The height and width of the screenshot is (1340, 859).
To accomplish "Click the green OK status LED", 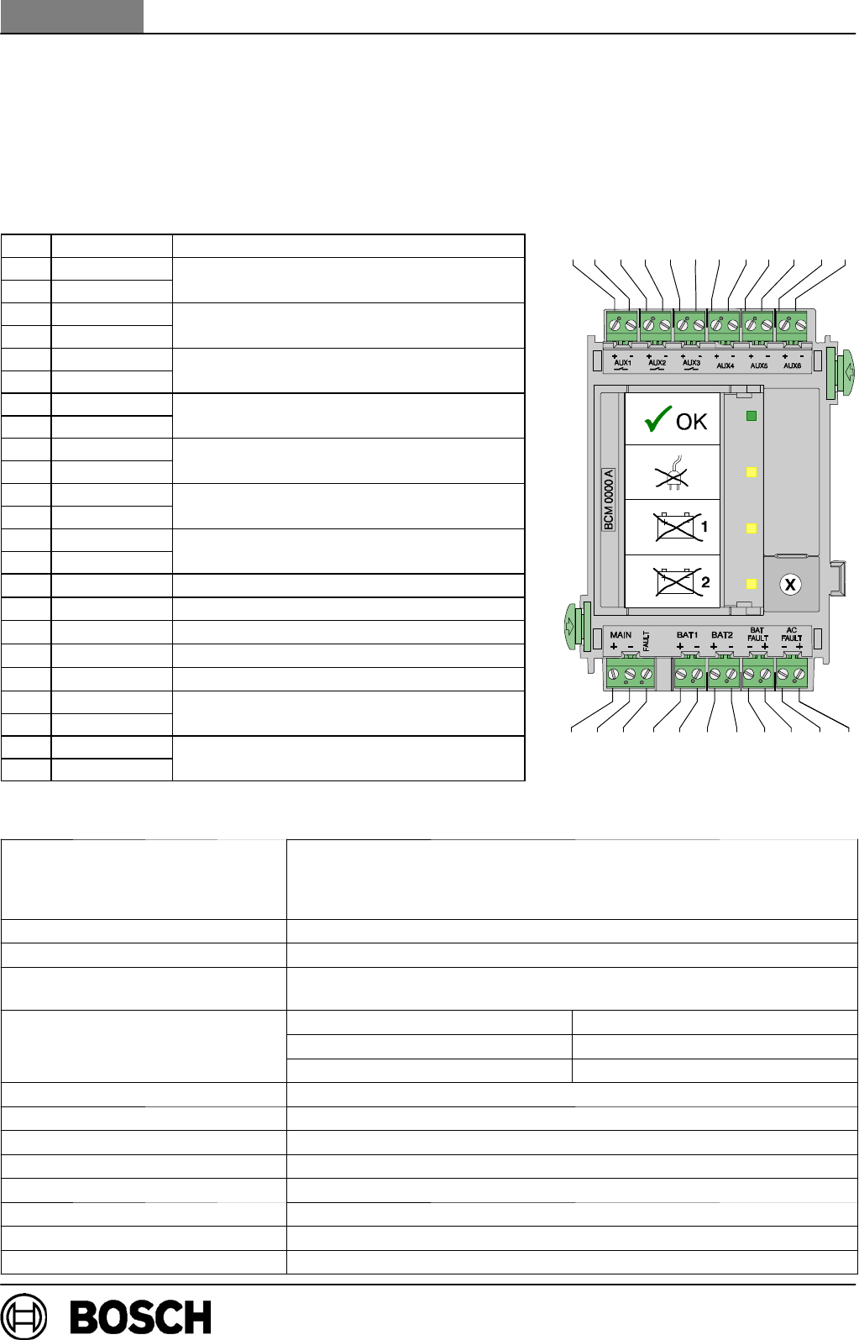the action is [752, 416].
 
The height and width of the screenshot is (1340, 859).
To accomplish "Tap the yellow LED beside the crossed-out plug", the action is [752, 472].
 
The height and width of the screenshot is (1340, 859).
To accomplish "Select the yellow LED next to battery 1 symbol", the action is [752, 528].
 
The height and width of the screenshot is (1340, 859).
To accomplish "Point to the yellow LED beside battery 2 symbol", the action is [752, 584].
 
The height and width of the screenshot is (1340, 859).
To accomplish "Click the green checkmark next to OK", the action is [657, 419].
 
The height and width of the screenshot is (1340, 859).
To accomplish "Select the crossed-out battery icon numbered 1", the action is [677, 528].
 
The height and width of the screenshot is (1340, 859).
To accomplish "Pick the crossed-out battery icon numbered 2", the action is [677, 581].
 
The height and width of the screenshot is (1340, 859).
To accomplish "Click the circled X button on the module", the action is [790, 584].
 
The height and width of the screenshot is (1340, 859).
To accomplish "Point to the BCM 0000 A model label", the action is [609, 499].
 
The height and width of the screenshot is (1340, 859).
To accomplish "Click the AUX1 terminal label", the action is [623, 363].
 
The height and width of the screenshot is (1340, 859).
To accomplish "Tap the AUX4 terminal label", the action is [725, 365].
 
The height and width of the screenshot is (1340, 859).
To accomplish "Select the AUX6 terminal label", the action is [792, 365].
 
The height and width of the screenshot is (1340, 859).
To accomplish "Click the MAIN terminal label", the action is [621, 635].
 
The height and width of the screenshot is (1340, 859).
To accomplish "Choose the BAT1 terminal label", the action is [688, 635].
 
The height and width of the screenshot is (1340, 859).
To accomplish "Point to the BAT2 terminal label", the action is [722, 635].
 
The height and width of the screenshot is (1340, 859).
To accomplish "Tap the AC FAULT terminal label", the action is [792, 634].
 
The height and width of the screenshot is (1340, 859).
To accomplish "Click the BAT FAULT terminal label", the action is [757, 634].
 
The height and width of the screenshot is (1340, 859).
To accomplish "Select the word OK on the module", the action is [692, 422].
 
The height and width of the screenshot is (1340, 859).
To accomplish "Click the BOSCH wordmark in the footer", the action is [140, 1316].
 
